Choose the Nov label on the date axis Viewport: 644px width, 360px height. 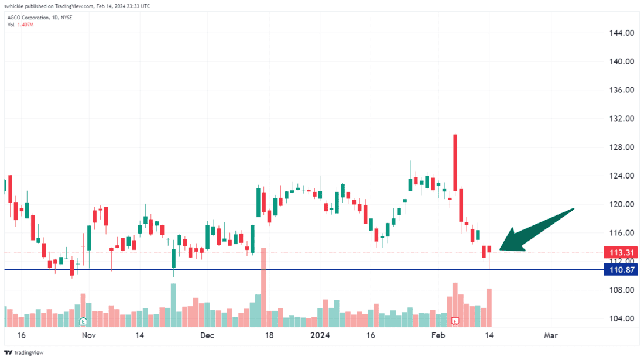[x=88, y=336]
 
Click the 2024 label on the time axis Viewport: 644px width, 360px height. [x=320, y=336]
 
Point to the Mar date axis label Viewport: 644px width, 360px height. [x=550, y=336]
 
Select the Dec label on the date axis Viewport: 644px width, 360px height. [x=207, y=336]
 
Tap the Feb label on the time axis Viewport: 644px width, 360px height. [x=439, y=336]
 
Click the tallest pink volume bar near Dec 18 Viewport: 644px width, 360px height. [x=264, y=287]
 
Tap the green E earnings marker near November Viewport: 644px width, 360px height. [x=83, y=321]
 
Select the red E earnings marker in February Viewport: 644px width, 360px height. [x=455, y=321]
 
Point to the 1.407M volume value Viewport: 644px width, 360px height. [x=25, y=25]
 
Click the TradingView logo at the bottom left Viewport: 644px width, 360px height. [x=23, y=353]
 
